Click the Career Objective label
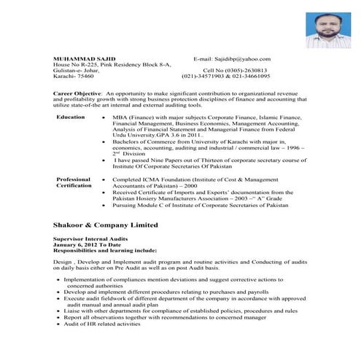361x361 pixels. click(77, 94)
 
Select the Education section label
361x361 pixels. click(70, 117)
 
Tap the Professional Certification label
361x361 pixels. click(74, 182)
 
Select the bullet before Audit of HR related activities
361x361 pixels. click(58, 323)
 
